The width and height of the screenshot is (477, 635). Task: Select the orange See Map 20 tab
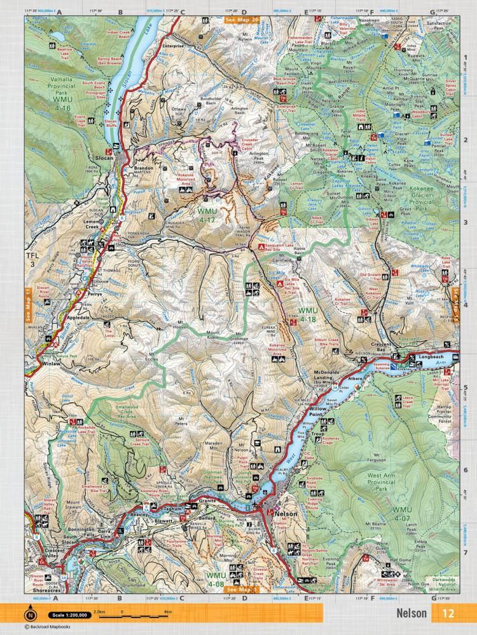click(x=242, y=20)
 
